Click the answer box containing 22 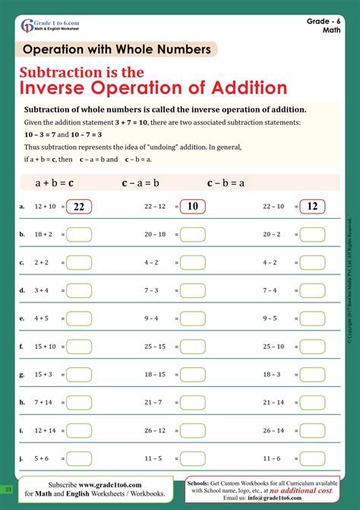click(79, 207)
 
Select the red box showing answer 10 click(192, 207)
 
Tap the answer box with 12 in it click(311, 207)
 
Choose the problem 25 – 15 click(155, 347)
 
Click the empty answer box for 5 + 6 click(79, 458)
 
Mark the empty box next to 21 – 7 click(192, 402)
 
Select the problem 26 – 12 click(155, 430)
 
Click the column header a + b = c click(55, 182)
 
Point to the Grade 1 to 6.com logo click(50, 24)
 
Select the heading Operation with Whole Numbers click(117, 49)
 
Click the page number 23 click(7, 488)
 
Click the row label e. click(21, 318)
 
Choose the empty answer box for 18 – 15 click(192, 375)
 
